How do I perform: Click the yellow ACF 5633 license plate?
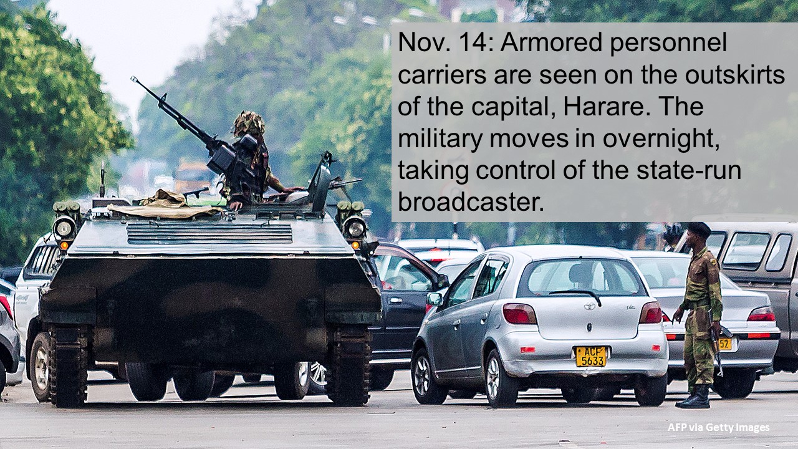click(591, 356)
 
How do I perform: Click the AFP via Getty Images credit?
click(719, 427)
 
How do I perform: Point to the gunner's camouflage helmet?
click(249, 123)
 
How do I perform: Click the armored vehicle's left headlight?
click(64, 228)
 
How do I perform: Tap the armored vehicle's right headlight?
click(355, 228)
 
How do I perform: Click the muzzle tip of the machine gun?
click(134, 79)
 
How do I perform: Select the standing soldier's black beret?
click(699, 229)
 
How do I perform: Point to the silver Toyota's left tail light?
click(519, 314)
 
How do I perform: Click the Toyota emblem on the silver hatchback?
click(589, 306)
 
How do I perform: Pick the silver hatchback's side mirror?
click(435, 299)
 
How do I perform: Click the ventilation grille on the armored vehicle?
click(209, 233)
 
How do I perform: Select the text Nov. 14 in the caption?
click(446, 42)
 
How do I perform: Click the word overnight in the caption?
click(661, 139)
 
